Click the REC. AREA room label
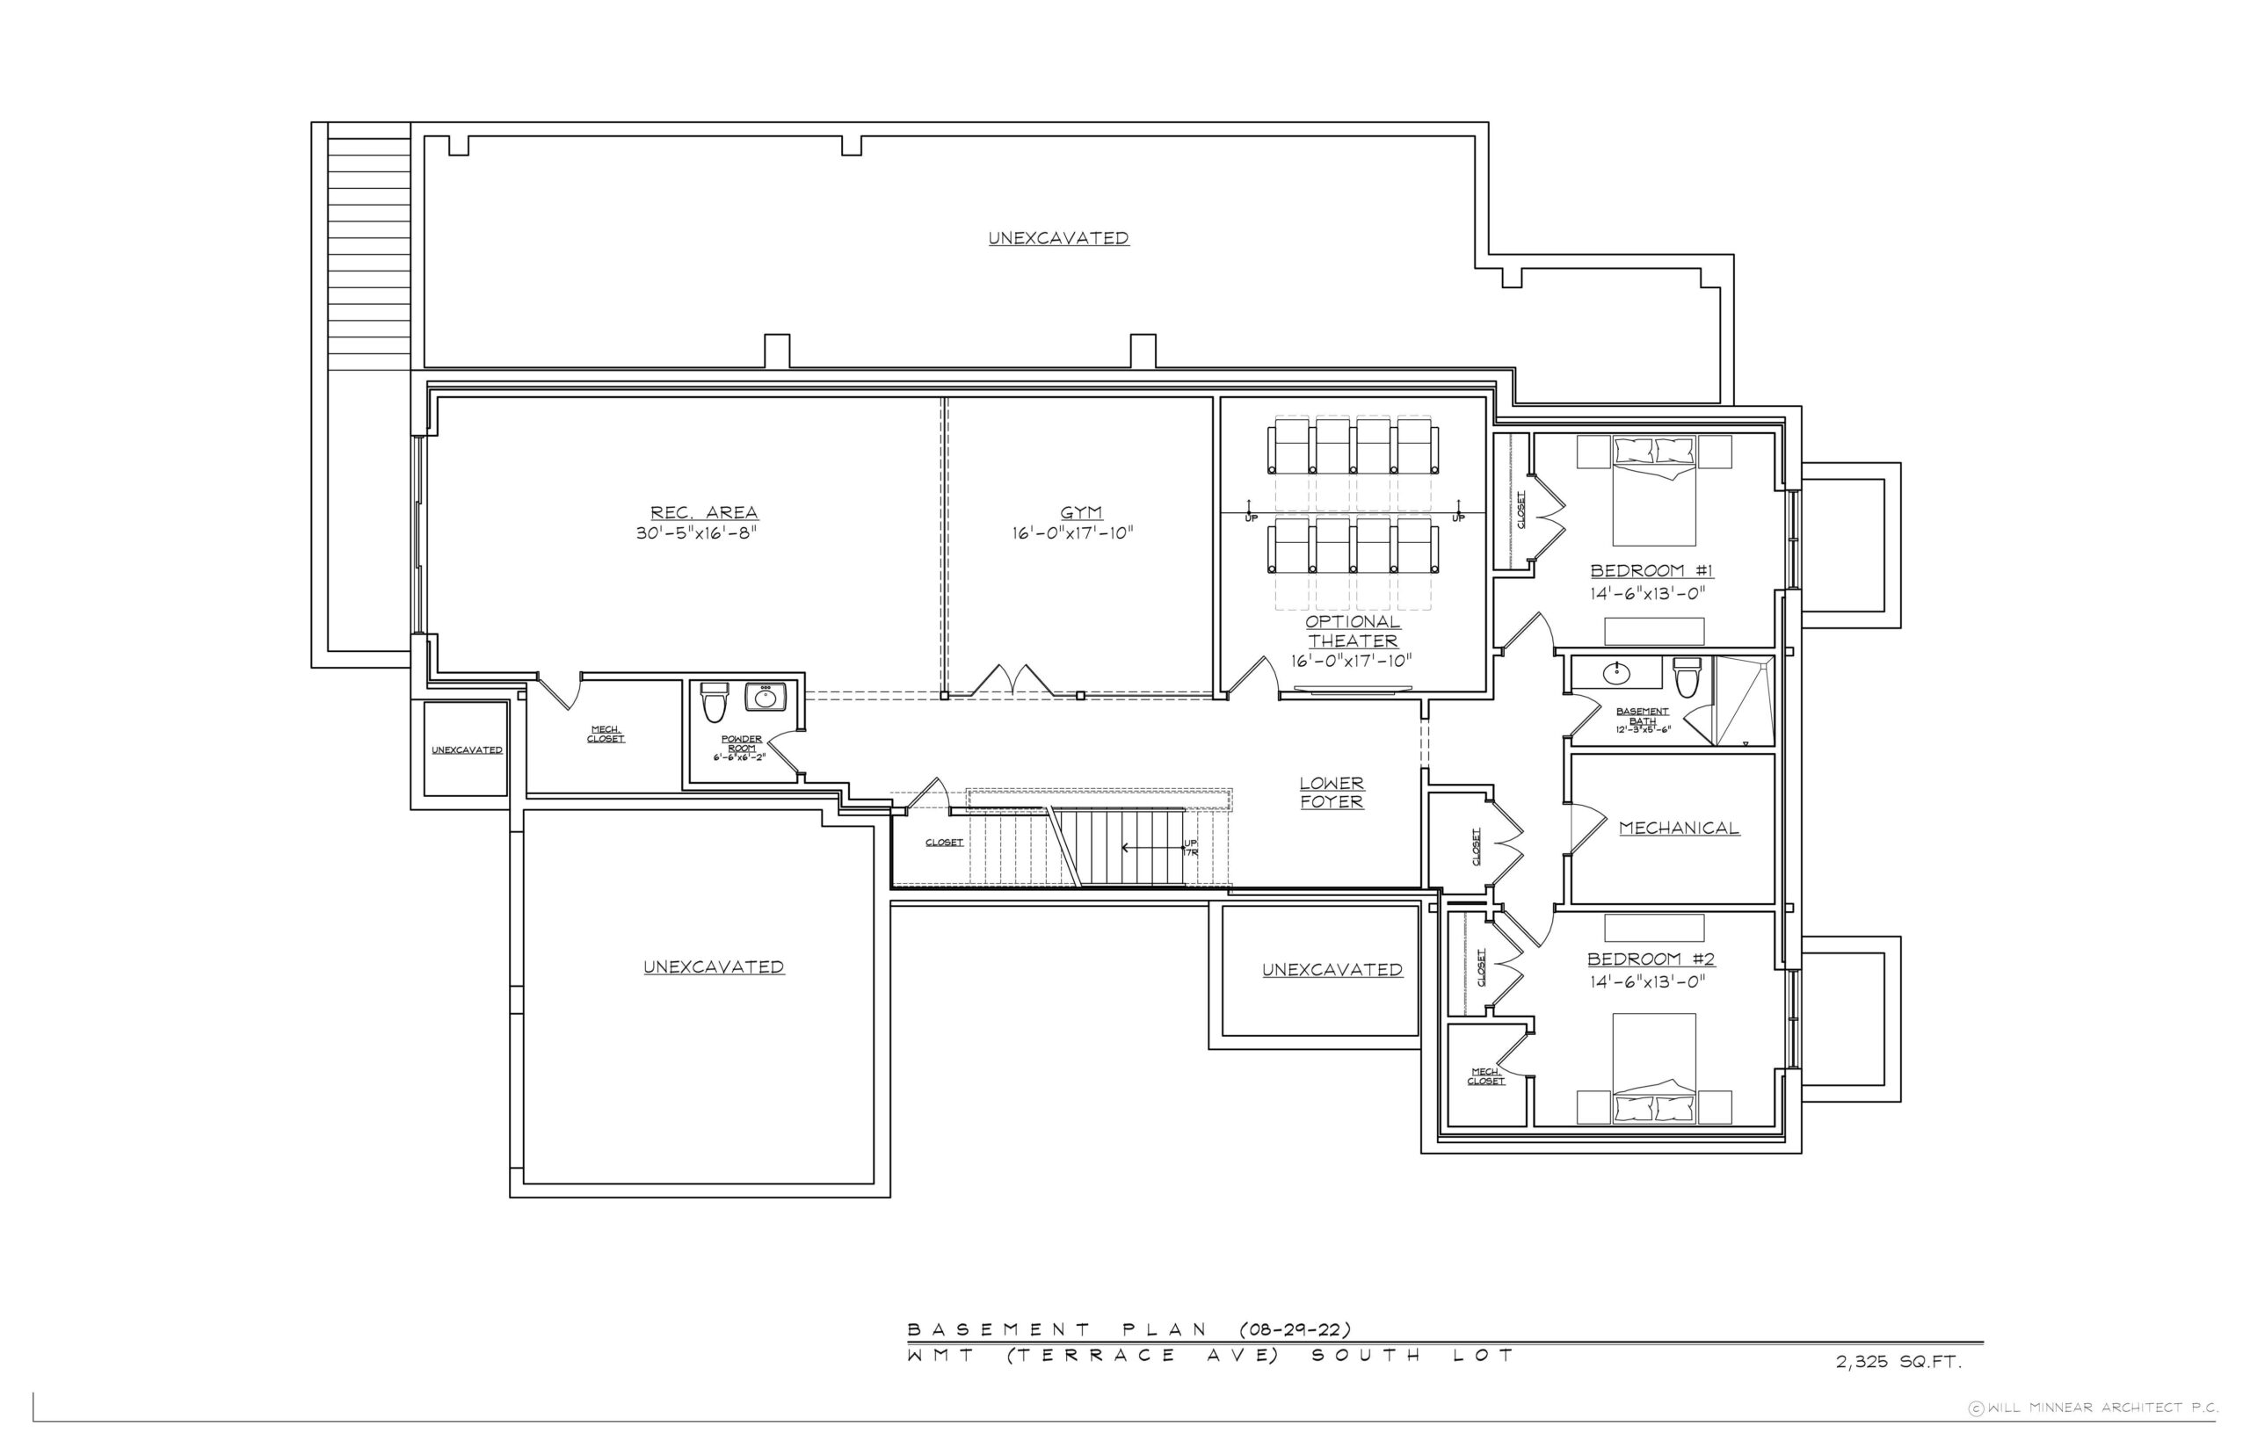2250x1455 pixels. [x=704, y=513]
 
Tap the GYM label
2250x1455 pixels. [x=1081, y=513]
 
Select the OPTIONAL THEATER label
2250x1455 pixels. [x=1353, y=631]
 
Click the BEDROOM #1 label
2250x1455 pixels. [x=1651, y=570]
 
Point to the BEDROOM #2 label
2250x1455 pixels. [x=1651, y=959]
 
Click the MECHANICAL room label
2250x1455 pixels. [x=1680, y=829]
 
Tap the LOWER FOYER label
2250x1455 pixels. [x=1332, y=793]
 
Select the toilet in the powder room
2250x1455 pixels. [x=715, y=702]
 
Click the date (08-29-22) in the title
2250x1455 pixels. [x=1295, y=1329]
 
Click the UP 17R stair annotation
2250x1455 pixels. [x=1191, y=848]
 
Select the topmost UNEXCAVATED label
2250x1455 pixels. [x=1058, y=238]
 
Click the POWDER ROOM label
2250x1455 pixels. [x=742, y=743]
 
